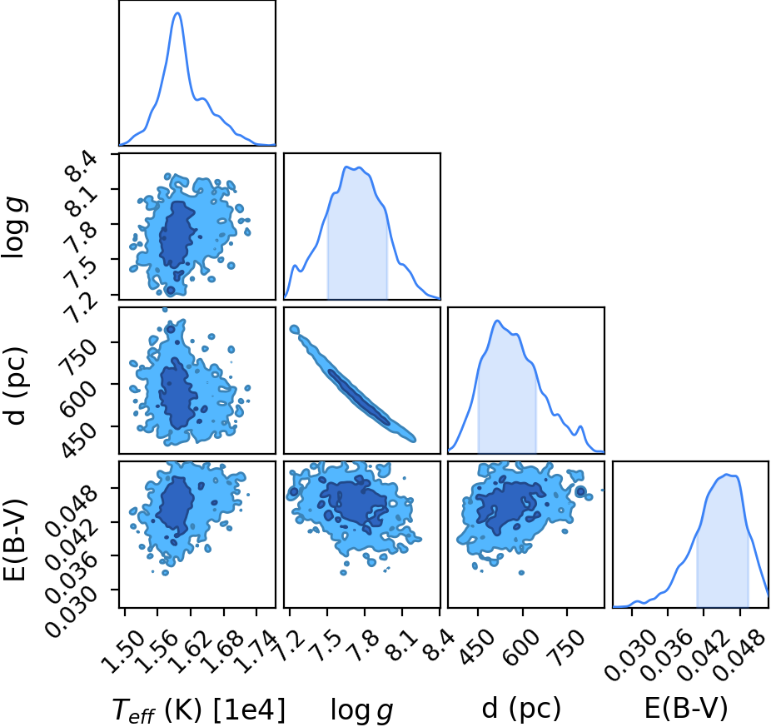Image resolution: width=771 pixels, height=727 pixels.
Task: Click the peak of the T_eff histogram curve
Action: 177,13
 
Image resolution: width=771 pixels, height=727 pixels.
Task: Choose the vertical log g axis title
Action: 14,227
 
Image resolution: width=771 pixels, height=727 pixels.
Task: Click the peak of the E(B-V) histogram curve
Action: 728,475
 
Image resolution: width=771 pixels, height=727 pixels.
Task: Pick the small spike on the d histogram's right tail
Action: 580,427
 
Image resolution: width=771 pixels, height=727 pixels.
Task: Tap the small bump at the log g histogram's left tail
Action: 295,266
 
